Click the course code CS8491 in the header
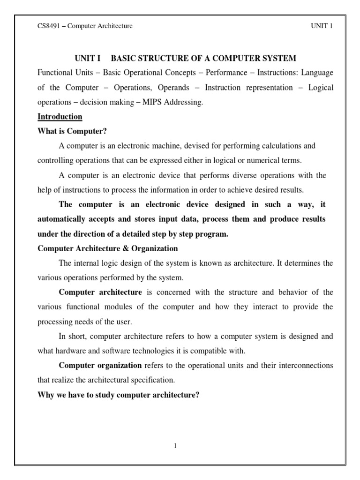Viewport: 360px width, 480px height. click(49, 26)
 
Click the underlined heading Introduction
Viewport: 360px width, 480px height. click(60, 117)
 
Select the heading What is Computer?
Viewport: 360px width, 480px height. click(68, 131)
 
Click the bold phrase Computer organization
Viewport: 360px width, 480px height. click(100, 366)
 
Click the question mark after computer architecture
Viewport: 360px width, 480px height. click(198, 395)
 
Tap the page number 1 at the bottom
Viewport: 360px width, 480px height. click(175, 446)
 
